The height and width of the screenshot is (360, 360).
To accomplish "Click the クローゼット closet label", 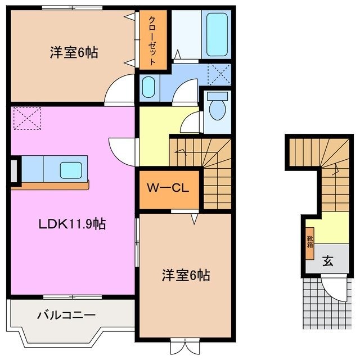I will point(153,39).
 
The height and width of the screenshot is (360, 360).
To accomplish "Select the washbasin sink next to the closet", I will point(148,87).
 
